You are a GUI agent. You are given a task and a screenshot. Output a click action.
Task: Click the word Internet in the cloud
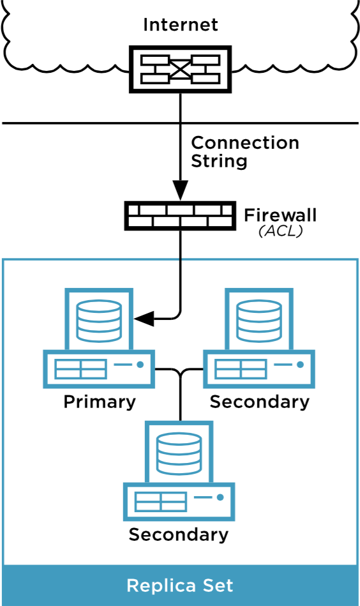(x=181, y=25)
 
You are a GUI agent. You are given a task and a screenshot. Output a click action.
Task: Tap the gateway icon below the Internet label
(x=181, y=70)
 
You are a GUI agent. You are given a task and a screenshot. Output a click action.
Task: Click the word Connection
(x=245, y=142)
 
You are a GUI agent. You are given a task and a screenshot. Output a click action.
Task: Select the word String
(x=219, y=161)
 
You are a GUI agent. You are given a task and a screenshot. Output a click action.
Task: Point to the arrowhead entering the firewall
(x=181, y=190)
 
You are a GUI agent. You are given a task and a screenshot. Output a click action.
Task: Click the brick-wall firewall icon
(x=180, y=216)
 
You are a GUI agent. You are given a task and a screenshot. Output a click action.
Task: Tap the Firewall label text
(x=280, y=215)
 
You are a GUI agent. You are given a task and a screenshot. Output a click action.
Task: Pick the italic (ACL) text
(x=281, y=231)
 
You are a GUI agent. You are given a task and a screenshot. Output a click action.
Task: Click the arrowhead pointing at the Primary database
(x=144, y=319)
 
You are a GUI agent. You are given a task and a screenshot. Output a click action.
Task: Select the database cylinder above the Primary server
(x=99, y=321)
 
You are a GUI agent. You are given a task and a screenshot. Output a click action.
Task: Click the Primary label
(x=100, y=402)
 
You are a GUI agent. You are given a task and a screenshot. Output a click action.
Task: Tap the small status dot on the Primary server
(x=140, y=365)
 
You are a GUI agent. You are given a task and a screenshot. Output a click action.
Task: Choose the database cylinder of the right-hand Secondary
(x=259, y=321)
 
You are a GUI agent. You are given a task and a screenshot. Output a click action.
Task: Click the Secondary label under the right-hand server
(x=260, y=402)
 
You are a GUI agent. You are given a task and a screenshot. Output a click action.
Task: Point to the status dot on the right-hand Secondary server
(x=300, y=365)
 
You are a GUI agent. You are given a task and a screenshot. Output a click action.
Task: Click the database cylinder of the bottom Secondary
(x=179, y=454)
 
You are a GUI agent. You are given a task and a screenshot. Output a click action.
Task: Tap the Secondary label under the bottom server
(x=179, y=535)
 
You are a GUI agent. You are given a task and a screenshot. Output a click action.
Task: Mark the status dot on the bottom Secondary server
(x=220, y=497)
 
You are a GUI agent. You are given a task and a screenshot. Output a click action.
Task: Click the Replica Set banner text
(x=180, y=586)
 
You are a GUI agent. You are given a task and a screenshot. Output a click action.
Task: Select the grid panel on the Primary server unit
(x=80, y=368)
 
